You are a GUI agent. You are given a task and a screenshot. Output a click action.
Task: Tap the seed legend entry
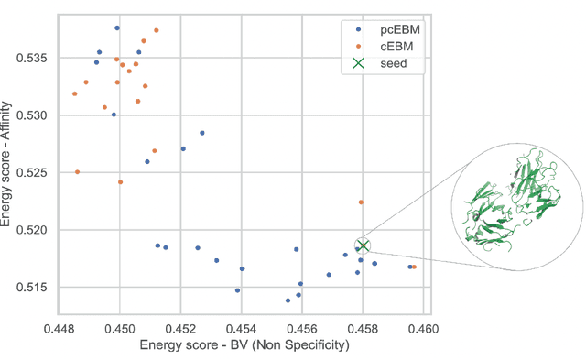point(376,63)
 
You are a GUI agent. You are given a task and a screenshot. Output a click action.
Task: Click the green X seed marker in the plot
point(364,245)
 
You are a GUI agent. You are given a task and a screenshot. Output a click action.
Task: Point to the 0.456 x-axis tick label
point(302,327)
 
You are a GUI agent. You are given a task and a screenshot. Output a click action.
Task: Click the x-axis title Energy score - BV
point(244,345)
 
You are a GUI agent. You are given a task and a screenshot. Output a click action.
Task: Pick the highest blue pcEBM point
point(116,28)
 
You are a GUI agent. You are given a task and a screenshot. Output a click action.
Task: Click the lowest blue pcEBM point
point(288,300)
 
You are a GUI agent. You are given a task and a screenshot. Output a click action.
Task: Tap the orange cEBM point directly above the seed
point(361,202)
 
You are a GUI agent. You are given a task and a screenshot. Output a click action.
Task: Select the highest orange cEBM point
point(157,30)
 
